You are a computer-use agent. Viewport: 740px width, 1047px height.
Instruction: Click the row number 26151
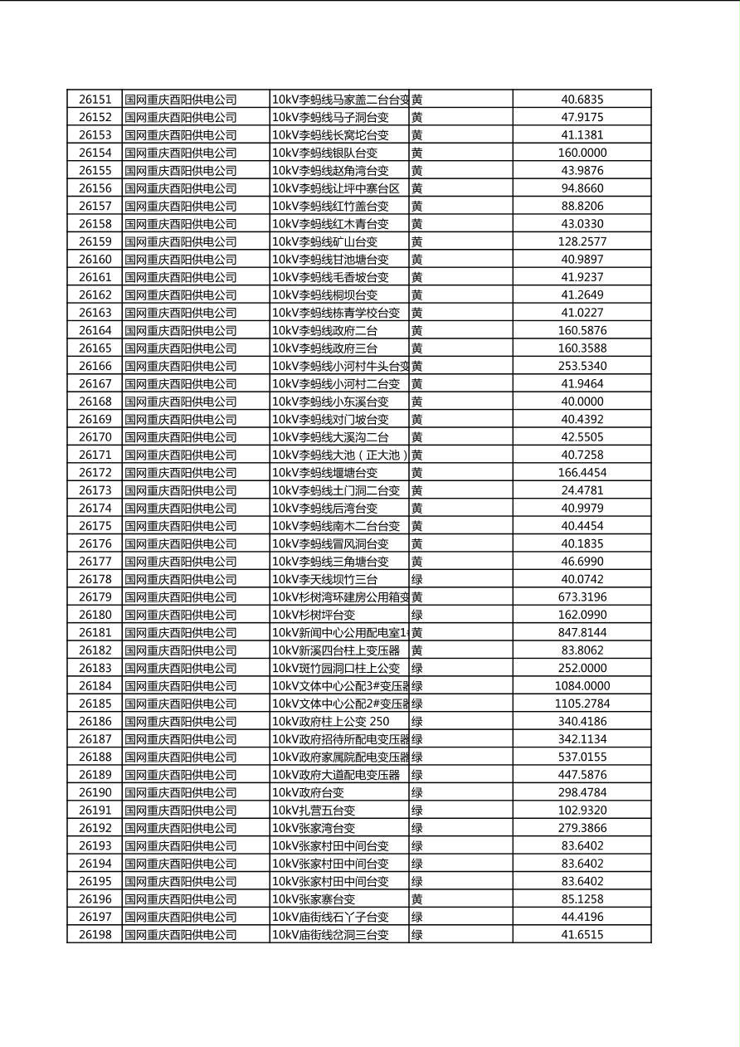click(95, 100)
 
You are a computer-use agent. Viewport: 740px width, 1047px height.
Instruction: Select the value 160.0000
click(582, 153)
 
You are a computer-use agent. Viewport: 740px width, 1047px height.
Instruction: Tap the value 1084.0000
click(582, 686)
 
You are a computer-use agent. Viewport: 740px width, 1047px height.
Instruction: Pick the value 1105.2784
click(582, 704)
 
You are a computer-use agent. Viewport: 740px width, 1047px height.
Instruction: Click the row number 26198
click(95, 935)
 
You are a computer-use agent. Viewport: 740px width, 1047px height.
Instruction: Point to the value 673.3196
click(582, 597)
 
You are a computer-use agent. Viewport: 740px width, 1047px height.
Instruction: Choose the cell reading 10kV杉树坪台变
click(314, 615)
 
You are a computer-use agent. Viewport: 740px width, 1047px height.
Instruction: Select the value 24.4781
click(582, 490)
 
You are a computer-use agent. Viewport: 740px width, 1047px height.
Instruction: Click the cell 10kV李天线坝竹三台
click(324, 579)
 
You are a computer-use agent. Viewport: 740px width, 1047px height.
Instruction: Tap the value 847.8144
click(582, 632)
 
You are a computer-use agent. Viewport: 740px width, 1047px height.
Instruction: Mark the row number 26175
click(95, 526)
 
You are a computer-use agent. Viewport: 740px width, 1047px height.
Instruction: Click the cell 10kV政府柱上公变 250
click(330, 722)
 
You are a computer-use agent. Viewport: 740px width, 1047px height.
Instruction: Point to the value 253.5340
click(582, 366)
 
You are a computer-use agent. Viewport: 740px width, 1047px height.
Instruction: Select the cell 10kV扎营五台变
click(314, 811)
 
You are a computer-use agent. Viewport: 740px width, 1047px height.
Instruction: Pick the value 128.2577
click(582, 241)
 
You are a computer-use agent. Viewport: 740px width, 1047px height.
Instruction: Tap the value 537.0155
click(582, 757)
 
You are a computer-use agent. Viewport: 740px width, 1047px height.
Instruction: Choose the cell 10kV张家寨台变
click(314, 899)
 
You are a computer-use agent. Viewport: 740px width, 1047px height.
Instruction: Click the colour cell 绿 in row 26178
click(417, 579)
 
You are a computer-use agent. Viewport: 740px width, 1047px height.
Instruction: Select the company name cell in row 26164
click(181, 330)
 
